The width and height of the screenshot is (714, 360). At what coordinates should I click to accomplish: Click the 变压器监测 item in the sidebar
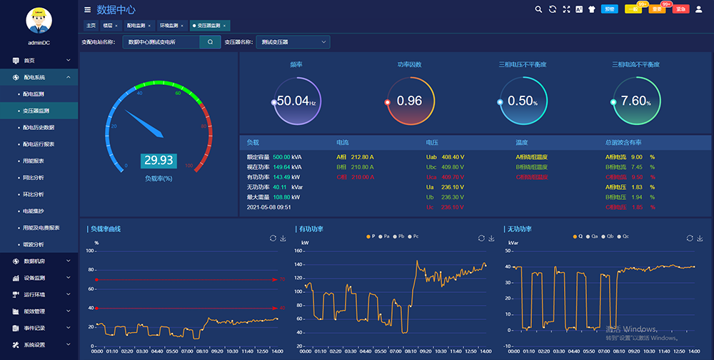pos(36,111)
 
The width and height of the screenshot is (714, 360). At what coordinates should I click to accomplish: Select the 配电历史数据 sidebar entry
pos(39,127)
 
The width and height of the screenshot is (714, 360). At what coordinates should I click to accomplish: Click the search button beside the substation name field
pos(210,42)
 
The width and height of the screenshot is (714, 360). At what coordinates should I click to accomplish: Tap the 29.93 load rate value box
pos(158,161)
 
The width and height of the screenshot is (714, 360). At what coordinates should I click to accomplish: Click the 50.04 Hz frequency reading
pos(296,101)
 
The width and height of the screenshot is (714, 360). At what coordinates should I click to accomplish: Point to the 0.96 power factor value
pos(409,101)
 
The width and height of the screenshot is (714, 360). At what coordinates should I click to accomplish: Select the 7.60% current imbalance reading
pos(635,101)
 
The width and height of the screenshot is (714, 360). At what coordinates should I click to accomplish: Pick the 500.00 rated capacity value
pos(281,156)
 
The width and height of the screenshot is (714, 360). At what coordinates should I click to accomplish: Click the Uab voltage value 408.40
pos(452,156)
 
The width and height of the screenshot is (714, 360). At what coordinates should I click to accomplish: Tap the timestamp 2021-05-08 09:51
pos(268,207)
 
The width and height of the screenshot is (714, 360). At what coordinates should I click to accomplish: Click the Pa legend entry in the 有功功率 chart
pos(386,236)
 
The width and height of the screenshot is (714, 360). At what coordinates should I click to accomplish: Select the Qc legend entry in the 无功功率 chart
pos(624,236)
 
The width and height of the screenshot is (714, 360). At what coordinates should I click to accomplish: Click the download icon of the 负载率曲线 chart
pos(283,238)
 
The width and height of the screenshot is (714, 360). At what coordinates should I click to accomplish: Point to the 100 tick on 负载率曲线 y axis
pos(90,251)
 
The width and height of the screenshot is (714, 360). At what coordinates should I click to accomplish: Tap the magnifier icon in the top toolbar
pos(538,9)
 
